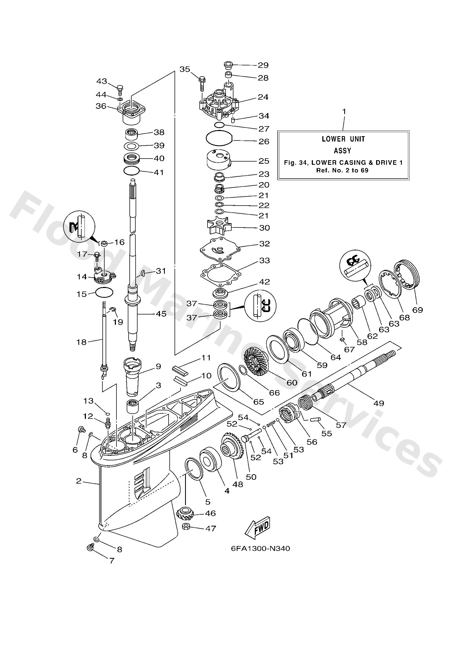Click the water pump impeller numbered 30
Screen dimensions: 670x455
pos(220,227)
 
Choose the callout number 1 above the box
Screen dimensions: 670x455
pos(344,111)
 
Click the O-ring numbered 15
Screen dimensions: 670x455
pos(104,293)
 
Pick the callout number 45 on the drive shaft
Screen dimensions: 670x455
pos(160,313)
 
